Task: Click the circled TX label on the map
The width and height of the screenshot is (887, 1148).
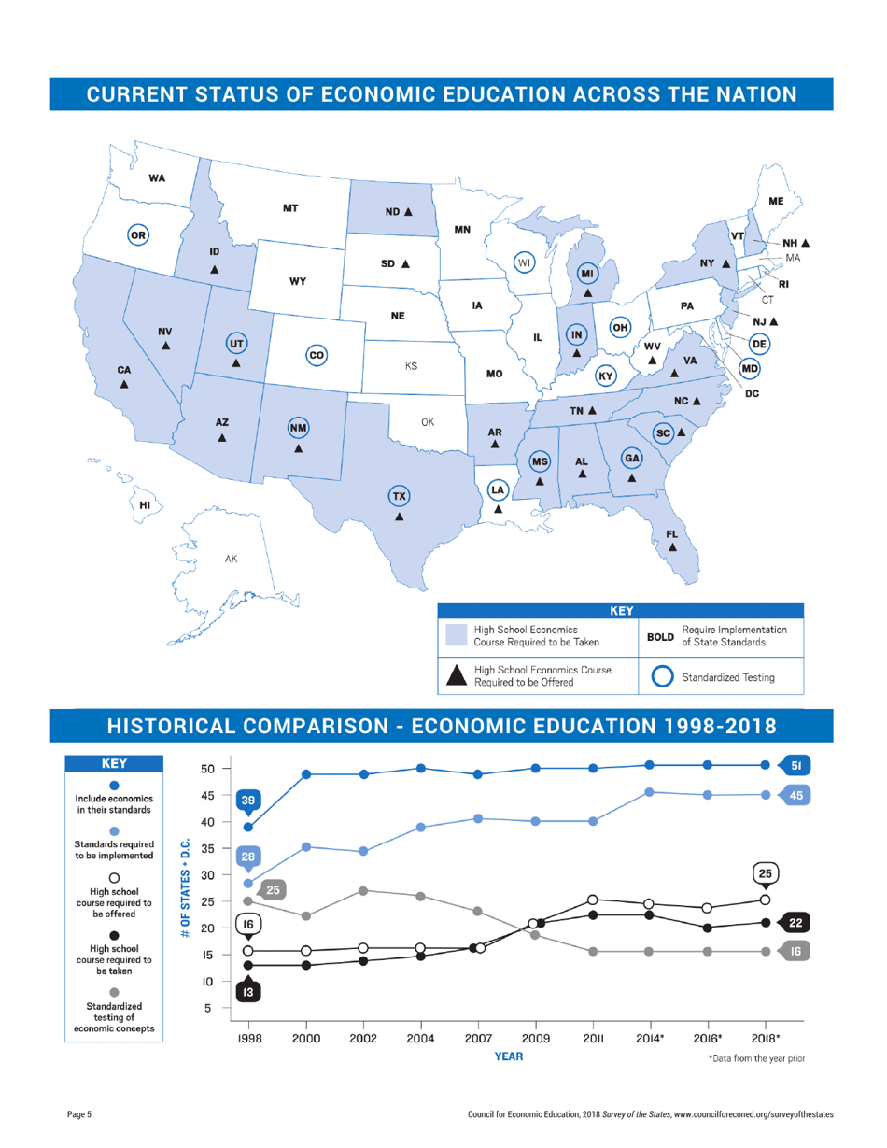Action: tap(399, 495)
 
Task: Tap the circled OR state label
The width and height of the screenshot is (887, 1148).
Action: tap(138, 235)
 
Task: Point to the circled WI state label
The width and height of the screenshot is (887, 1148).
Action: tap(526, 262)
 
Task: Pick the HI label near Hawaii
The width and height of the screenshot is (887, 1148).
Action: tap(145, 504)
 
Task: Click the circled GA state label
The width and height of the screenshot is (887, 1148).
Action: tap(633, 458)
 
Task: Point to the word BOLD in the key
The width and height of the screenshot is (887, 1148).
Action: tap(660, 638)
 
